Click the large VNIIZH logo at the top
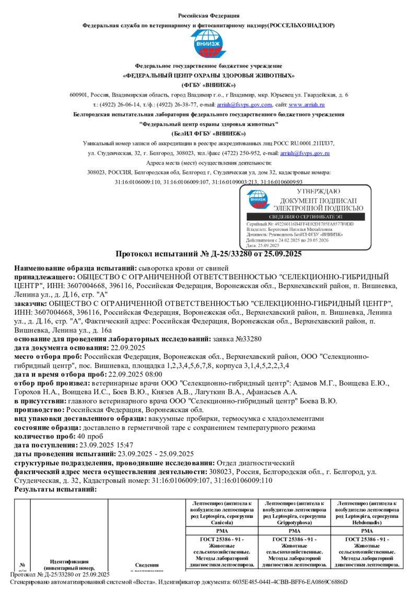pos(208,45)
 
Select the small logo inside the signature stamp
pos(260,200)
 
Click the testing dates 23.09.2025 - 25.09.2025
pos(156,454)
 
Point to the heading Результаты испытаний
pos(55,489)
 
